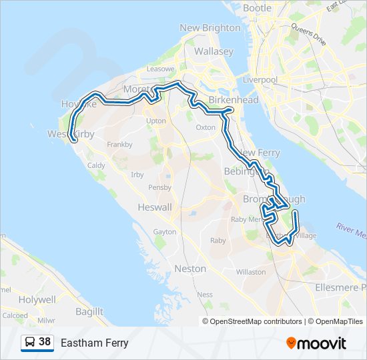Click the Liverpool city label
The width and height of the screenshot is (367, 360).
[x=260, y=79]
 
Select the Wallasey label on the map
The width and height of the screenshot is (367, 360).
[x=214, y=51]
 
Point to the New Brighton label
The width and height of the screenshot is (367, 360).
[x=210, y=28]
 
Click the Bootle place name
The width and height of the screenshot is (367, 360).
[x=257, y=8]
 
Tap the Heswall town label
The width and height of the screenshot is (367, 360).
[x=154, y=207]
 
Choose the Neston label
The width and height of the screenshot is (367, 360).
[x=190, y=268]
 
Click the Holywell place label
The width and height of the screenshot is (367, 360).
[x=37, y=300]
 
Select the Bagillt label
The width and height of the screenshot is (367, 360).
[x=89, y=311]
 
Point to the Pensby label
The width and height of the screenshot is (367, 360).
[x=159, y=187]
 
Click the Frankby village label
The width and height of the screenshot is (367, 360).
[x=119, y=144]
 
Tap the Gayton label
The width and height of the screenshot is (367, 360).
[x=165, y=231]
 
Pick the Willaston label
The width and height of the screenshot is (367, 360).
[x=251, y=272]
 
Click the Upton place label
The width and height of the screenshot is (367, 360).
[x=155, y=121]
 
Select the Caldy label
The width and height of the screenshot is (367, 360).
[x=96, y=165]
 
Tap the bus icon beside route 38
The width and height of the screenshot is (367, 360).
[x=30, y=343]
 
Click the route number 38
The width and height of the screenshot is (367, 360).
[x=45, y=343]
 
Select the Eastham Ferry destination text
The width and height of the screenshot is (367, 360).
[x=94, y=343]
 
